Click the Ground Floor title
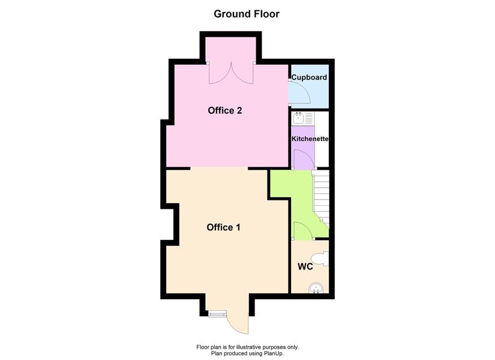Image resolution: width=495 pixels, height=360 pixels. click(247, 14)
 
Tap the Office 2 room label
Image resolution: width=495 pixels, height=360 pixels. click(225, 110)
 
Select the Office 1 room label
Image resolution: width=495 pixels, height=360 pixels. click(224, 227)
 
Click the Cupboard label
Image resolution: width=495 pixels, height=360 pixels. click(309, 77)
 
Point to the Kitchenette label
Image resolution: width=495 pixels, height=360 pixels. click(310, 139)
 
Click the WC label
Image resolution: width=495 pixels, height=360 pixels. click(305, 266)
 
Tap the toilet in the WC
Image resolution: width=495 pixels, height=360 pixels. click(322, 259)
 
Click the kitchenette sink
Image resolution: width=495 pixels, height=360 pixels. click(298, 118)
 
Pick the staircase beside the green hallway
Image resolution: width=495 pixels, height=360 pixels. click(321, 199)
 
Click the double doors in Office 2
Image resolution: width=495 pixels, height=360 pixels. click(231, 73)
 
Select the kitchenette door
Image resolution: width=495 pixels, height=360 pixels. click(304, 160)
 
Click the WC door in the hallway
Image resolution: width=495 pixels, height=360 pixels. click(303, 230)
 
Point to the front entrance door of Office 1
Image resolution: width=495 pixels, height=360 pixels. click(238, 322)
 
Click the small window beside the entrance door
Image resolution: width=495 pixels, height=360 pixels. click(218, 314)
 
